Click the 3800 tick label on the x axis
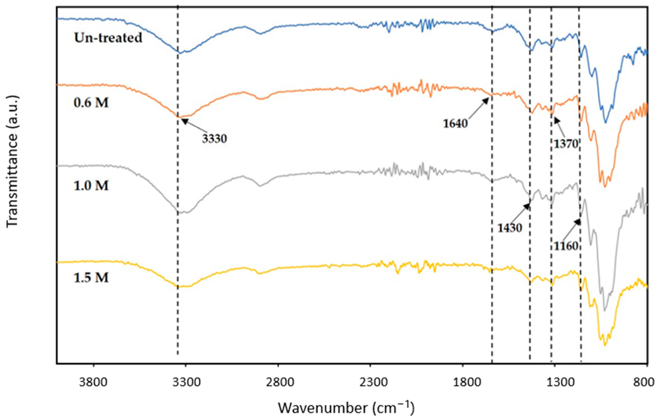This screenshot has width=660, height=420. point(93,382)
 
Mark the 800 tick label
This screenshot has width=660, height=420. point(647,382)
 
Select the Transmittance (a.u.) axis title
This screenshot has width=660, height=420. point(12,161)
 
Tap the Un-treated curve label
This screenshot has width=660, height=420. point(108,37)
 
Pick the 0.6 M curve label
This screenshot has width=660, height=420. point(91,103)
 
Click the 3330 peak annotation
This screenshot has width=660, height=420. point(215,139)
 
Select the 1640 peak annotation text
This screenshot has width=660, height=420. point(455,124)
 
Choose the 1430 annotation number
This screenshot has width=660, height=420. point(510,228)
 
